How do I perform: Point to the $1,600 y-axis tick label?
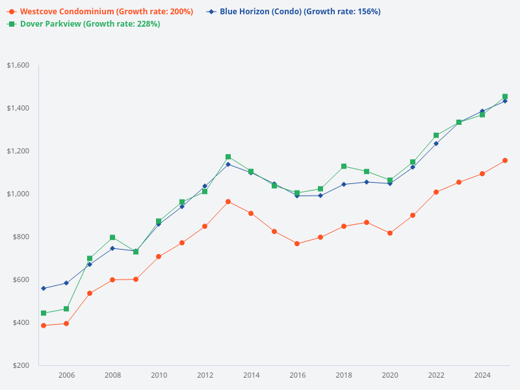[x=18, y=65]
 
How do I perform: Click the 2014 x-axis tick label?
[x=252, y=375]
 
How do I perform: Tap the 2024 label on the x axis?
[x=482, y=375]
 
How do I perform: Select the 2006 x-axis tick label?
[x=66, y=375]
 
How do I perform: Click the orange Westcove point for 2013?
[x=228, y=201]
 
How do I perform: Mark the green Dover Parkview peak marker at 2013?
[x=228, y=157]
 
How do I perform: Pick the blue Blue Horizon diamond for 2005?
[x=44, y=288]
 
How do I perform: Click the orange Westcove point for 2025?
[x=505, y=161]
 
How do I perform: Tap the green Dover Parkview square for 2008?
[x=112, y=238]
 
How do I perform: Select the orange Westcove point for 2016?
[x=297, y=244]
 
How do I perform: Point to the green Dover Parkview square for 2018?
[x=344, y=166]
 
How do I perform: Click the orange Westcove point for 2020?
[x=390, y=233]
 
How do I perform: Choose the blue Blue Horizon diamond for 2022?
[x=436, y=143]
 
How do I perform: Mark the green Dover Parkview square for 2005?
[x=44, y=313]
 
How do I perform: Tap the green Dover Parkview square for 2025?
[x=505, y=97]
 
